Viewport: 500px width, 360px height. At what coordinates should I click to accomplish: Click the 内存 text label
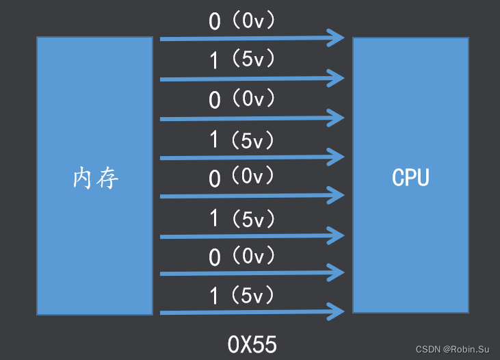coord(95,178)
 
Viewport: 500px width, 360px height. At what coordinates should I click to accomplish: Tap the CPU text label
coord(410,177)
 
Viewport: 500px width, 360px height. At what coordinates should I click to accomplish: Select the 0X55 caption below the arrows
coord(252,343)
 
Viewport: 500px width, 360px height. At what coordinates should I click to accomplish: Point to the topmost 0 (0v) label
coord(242,21)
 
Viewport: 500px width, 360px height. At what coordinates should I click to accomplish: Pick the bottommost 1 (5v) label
coord(242,296)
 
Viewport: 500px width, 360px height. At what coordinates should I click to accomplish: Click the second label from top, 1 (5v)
coord(242,60)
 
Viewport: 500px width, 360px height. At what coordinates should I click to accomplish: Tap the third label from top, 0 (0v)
coord(242,100)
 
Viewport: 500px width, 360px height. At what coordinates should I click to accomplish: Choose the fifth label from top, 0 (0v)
coord(242,178)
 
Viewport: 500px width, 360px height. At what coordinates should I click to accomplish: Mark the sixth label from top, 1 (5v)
coord(242,219)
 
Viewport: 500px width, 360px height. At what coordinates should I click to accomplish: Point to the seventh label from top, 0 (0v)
coord(242,257)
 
